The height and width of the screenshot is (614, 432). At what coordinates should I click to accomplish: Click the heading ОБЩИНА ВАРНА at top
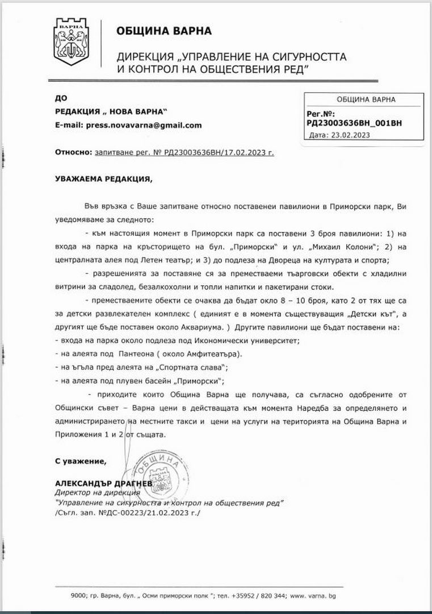(x=164, y=31)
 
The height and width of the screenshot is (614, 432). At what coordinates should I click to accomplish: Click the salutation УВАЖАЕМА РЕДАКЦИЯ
(x=104, y=179)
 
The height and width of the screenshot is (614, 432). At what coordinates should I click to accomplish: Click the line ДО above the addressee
(x=60, y=98)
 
